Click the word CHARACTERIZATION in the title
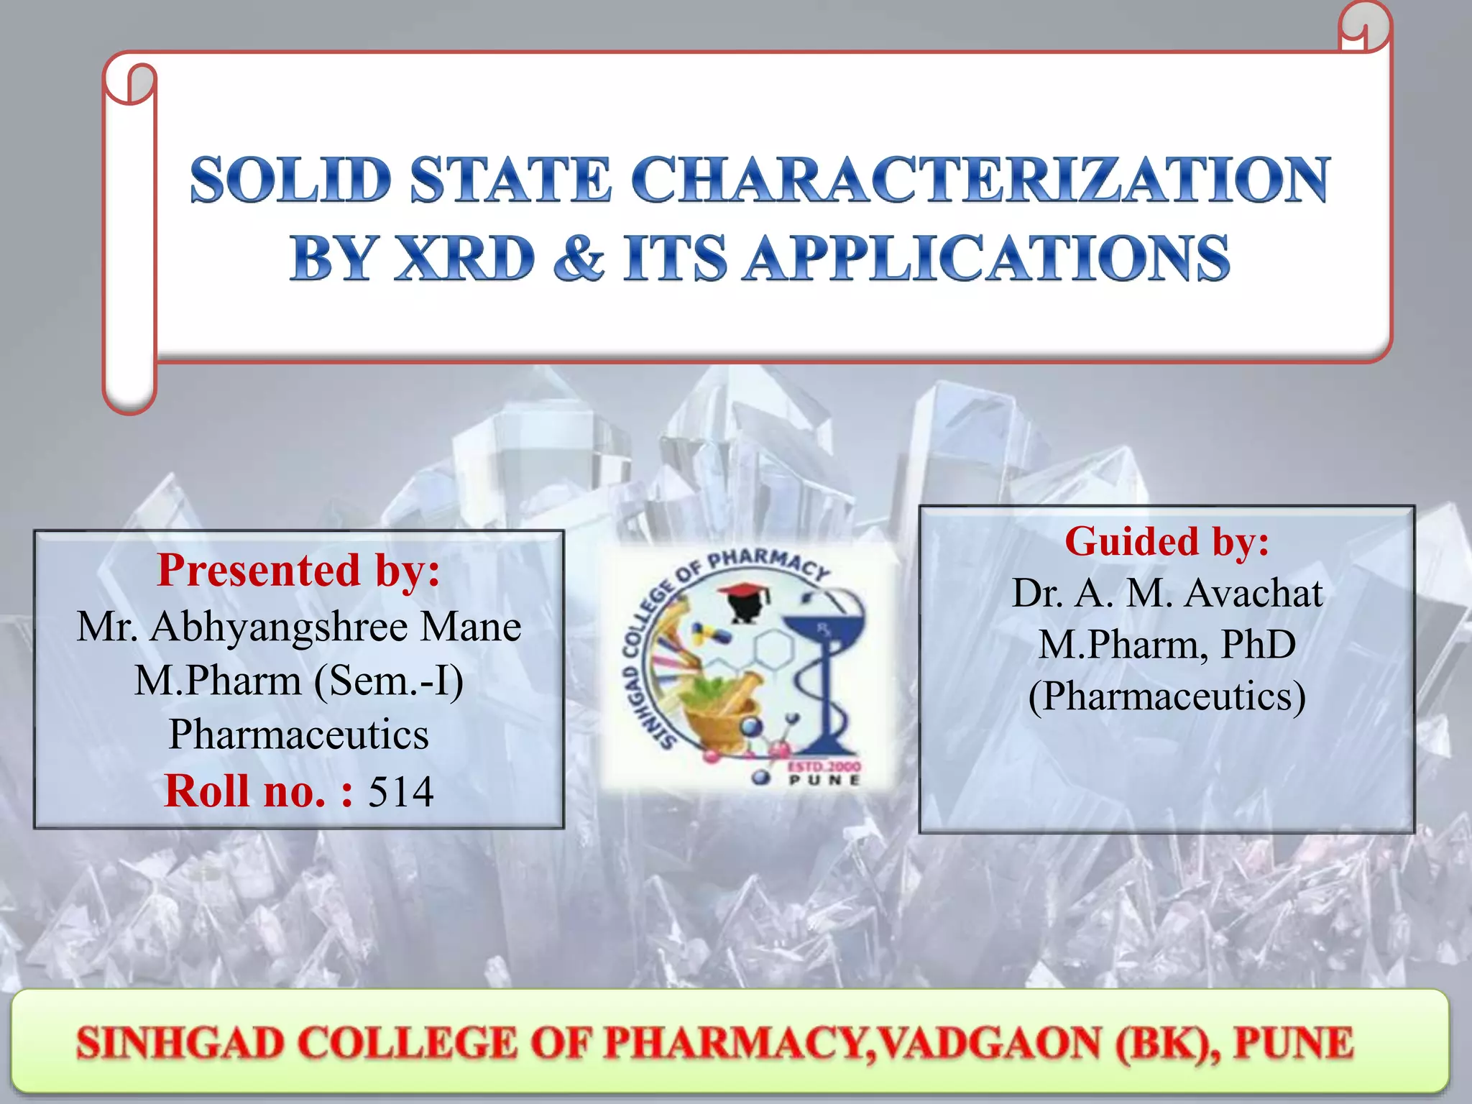[x=981, y=180]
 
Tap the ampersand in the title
[x=579, y=257]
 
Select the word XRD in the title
[x=466, y=257]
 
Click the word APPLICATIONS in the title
[x=986, y=257]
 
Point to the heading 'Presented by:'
[x=298, y=570]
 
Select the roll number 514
[x=400, y=792]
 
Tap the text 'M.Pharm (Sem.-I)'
[x=298, y=680]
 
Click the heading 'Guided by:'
[x=1167, y=541]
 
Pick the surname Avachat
[x=1253, y=594]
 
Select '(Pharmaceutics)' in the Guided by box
[x=1167, y=696]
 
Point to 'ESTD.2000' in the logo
[x=824, y=766]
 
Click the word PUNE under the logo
[x=824, y=780]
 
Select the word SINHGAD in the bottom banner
[x=180, y=1044]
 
